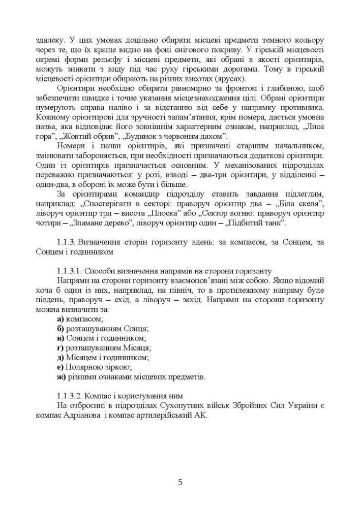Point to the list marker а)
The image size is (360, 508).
60,319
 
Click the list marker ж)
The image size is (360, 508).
61,377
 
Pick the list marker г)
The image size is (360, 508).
60,347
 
